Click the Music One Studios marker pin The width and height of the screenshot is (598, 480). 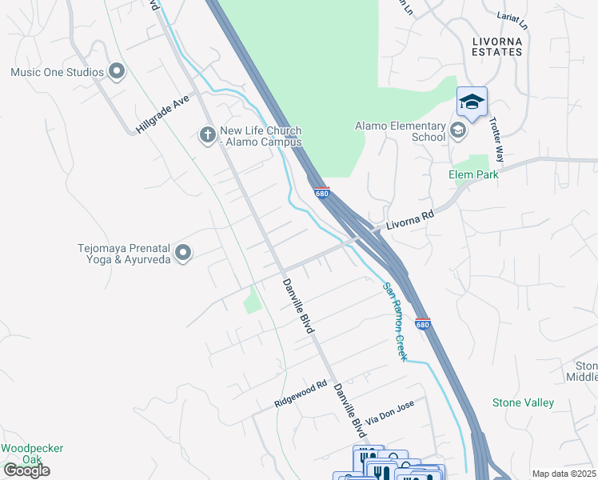(118, 72)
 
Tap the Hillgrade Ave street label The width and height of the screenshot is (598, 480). (161, 114)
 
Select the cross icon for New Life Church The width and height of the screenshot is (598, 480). (206, 135)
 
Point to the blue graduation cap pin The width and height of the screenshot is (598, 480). (472, 102)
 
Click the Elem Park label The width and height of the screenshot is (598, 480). (473, 174)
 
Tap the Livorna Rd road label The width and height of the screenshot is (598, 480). (410, 220)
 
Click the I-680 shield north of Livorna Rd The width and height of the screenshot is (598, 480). (321, 193)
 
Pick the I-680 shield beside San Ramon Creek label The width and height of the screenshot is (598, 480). (423, 324)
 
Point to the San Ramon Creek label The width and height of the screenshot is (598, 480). (394, 321)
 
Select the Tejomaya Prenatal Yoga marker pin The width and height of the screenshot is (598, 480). (183, 253)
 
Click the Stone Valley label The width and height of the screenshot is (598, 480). (523, 402)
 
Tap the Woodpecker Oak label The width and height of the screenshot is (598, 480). (32, 454)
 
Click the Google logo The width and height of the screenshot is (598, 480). (26, 470)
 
